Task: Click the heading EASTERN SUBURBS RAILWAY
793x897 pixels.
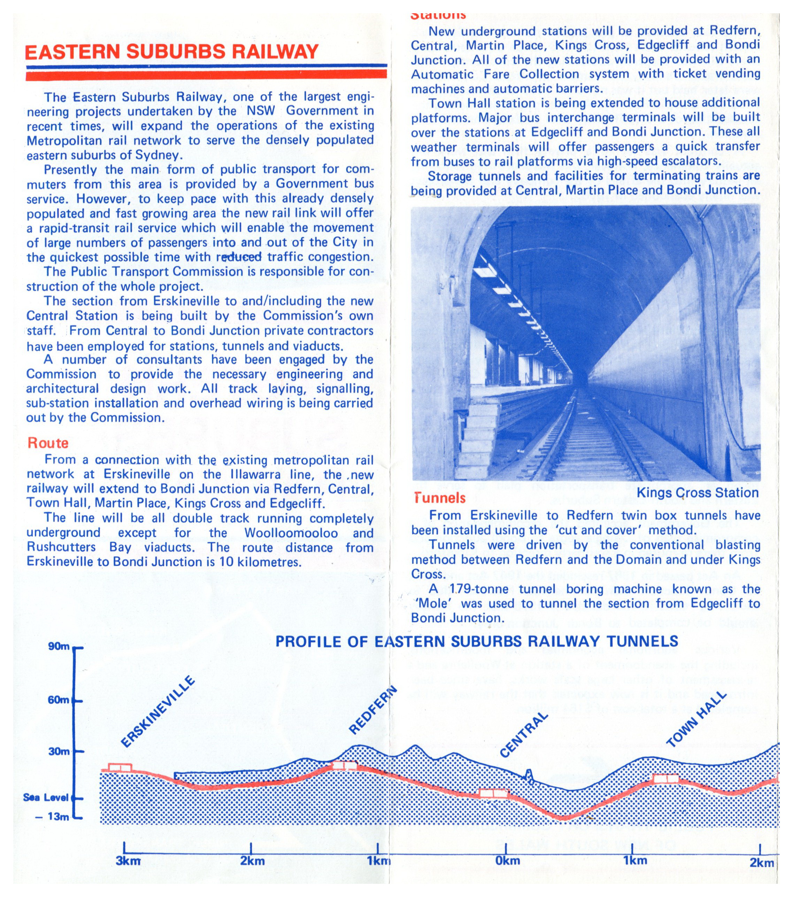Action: [x=171, y=52]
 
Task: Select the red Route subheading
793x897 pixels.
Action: [x=48, y=443]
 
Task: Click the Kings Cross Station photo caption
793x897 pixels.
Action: [x=697, y=492]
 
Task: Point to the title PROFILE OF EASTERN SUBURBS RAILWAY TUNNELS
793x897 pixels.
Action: [x=476, y=642]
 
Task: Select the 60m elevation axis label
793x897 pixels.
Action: [x=59, y=700]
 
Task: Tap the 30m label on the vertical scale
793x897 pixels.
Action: [x=59, y=751]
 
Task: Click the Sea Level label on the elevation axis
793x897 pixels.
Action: [x=46, y=797]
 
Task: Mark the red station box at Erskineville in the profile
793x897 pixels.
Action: [x=120, y=767]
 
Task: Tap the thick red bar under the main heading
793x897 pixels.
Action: [x=206, y=76]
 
